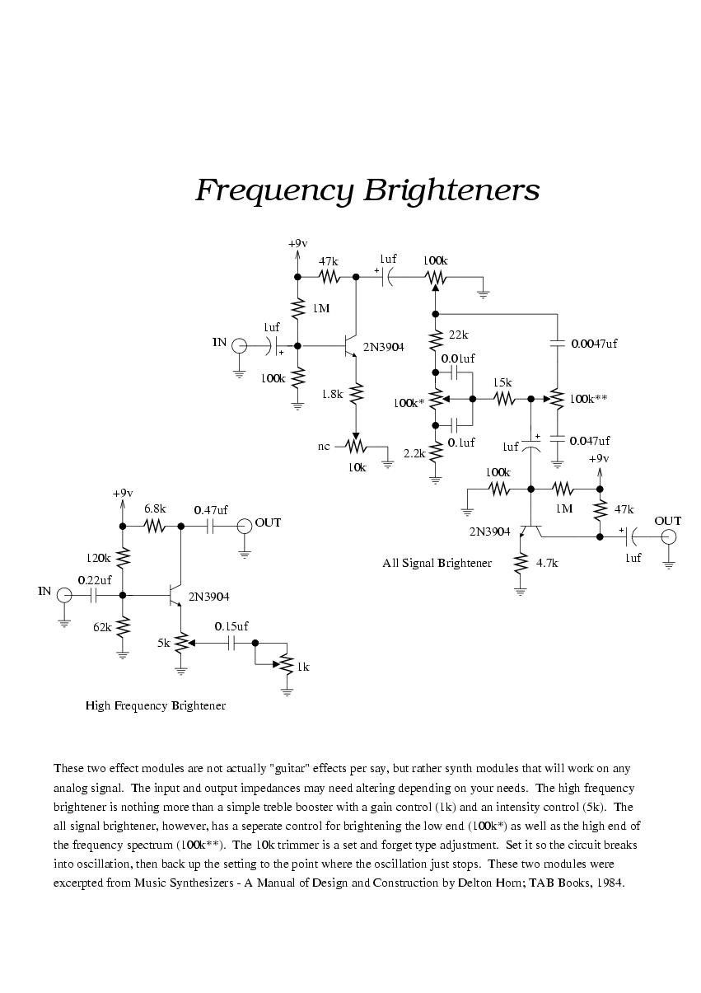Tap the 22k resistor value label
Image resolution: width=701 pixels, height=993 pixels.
pos(459,335)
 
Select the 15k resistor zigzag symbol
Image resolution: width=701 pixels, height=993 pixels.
pos(503,399)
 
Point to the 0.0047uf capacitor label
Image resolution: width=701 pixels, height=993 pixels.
pos(594,344)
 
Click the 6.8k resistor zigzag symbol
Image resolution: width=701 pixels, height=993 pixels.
pos(157,526)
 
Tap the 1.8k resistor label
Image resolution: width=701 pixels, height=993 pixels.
pos(332,394)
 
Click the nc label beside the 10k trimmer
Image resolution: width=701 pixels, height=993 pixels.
pos(324,447)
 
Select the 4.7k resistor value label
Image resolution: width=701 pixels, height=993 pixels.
pos(547,563)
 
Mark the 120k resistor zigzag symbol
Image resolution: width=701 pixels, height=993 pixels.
pos(123,559)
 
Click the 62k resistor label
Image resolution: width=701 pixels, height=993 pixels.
pos(102,626)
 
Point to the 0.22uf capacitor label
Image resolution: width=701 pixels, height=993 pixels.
pos(95,580)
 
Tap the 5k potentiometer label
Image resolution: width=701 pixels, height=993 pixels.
pos(164,643)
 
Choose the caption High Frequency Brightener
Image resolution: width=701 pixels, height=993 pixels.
pos(156,705)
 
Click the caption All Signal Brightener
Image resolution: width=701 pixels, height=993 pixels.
pos(437,563)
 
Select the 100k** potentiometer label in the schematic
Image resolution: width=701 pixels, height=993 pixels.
pos(589,398)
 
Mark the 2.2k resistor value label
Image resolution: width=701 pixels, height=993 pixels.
pos(414,453)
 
